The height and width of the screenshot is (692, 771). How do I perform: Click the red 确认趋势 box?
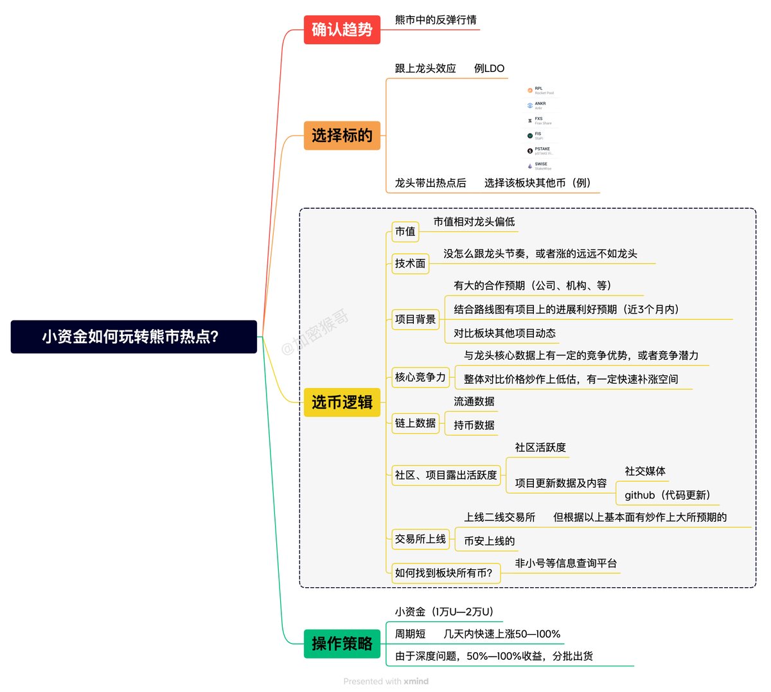point(342,30)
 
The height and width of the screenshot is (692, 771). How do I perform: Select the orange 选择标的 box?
point(342,136)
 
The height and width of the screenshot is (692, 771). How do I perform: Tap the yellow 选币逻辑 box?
point(342,402)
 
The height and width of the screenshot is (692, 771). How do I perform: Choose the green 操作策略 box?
point(342,644)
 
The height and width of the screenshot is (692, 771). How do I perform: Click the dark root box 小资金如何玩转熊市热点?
point(134,337)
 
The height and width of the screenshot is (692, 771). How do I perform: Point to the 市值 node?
point(405,231)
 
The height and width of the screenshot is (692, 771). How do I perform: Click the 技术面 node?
point(411,263)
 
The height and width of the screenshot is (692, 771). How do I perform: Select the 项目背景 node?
point(416,319)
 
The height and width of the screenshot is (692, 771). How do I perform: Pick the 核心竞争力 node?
point(420,377)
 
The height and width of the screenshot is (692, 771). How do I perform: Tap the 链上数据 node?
point(416,423)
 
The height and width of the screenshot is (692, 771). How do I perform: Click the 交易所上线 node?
point(420,539)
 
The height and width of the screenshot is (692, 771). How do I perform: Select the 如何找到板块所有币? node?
point(444,573)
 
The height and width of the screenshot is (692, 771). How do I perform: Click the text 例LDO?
point(490,68)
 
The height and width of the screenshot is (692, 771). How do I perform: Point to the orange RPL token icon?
point(530,91)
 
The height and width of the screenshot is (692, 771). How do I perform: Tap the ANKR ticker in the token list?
point(540,103)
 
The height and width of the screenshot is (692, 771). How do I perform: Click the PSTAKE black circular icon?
point(530,151)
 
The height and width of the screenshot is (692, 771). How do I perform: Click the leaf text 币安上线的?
point(490,541)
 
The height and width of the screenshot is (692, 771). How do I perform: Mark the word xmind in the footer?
point(416,681)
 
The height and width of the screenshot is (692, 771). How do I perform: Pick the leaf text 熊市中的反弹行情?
point(436,20)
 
